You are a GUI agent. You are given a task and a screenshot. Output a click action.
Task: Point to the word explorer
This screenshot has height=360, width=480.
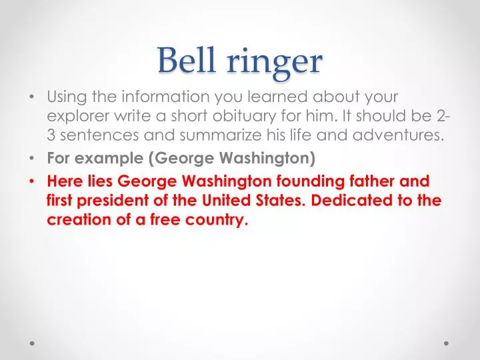(x=75, y=115)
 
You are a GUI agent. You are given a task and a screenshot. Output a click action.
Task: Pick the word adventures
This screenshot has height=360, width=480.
(x=397, y=137)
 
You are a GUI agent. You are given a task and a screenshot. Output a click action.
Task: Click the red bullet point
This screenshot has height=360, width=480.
(x=34, y=181)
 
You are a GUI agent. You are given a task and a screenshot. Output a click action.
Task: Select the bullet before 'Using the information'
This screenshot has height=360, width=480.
(x=34, y=96)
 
